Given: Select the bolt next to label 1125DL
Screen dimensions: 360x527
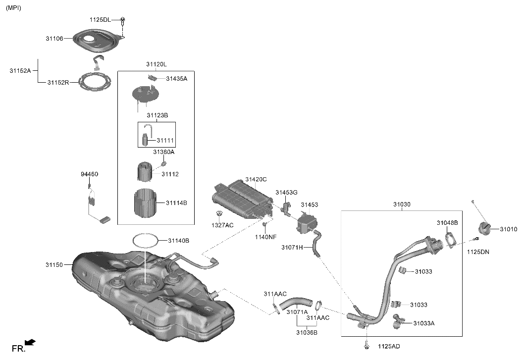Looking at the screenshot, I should click(123, 21).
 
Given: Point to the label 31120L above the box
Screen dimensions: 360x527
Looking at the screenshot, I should click(156, 64).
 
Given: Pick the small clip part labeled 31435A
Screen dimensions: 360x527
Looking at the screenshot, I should click(153, 78).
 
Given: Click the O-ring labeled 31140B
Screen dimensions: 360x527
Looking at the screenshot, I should click(146, 241).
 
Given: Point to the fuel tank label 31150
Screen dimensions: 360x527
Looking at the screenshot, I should click(54, 265).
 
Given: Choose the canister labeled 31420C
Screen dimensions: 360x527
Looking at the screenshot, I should click(241, 200).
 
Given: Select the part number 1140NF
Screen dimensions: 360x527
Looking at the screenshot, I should click(265, 237).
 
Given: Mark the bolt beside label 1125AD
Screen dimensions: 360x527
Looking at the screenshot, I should click(367, 345).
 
